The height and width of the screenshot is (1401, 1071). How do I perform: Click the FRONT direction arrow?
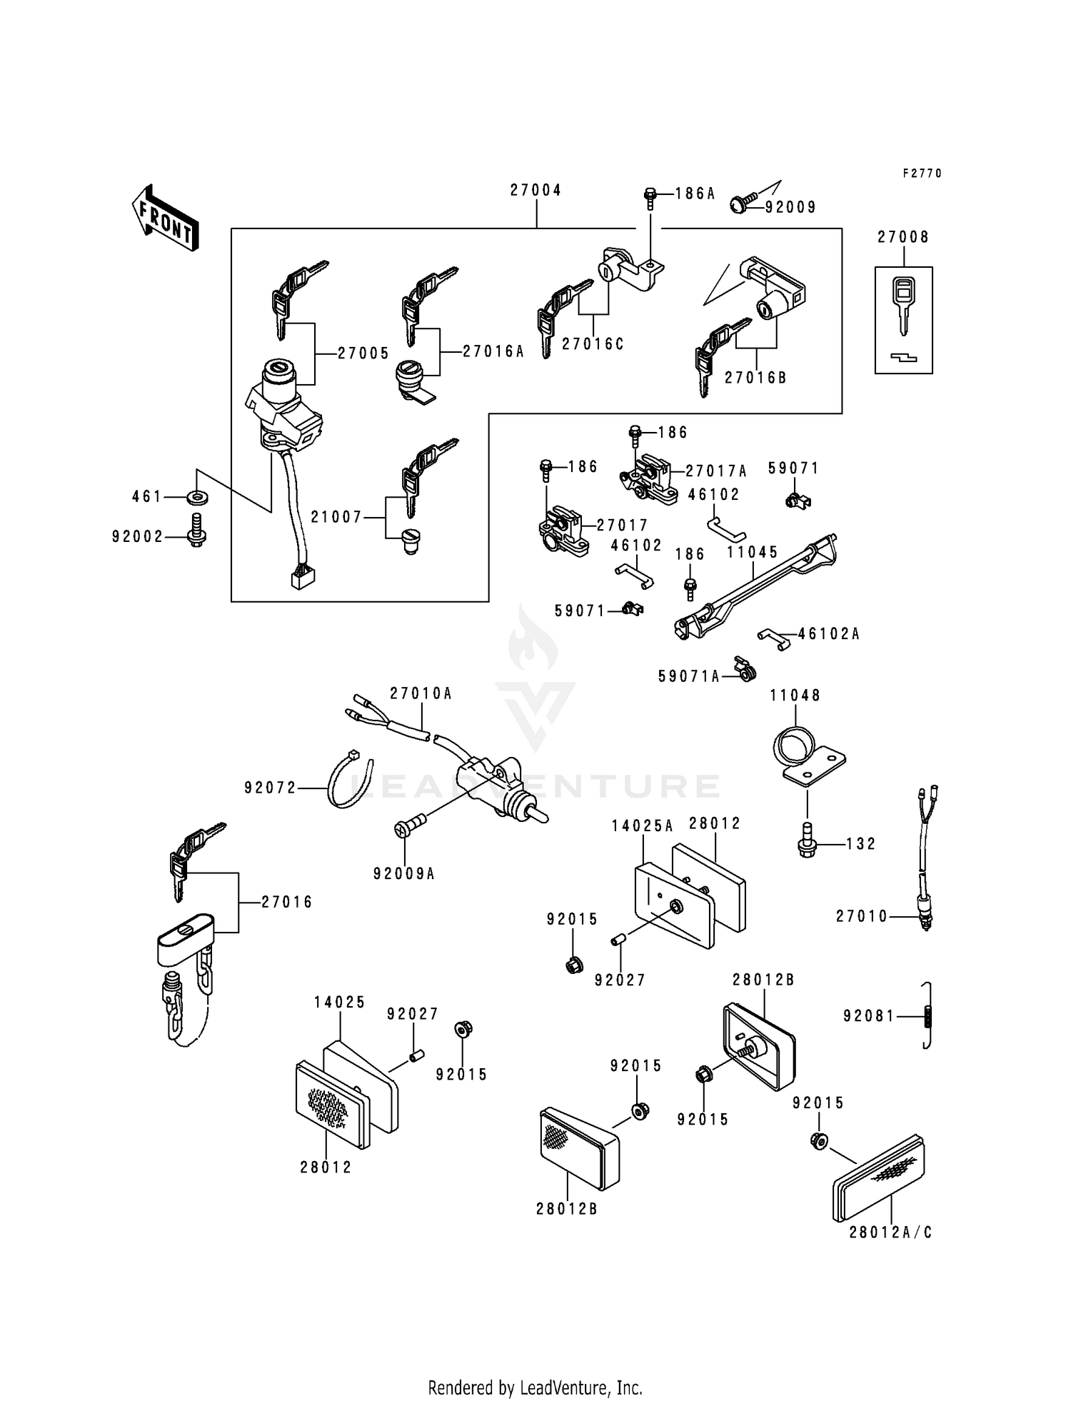pyautogui.click(x=165, y=217)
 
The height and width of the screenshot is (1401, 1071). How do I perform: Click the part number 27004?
pyautogui.click(x=535, y=191)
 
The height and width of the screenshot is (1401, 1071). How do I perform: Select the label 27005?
pyautogui.click(x=363, y=353)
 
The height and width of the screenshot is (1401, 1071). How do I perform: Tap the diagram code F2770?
pyautogui.click(x=922, y=174)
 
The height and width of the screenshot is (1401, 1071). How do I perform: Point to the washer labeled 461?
pyautogui.click(x=196, y=496)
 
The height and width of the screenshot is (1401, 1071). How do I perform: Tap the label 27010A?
pyautogui.click(x=421, y=693)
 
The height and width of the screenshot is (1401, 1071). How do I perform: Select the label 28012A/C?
pyautogui.click(x=890, y=1232)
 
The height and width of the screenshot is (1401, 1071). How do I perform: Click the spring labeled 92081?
pyautogui.click(x=928, y=1015)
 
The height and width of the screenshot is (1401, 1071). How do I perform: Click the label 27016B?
pyautogui.click(x=755, y=378)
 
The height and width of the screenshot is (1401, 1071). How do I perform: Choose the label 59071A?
pyautogui.click(x=688, y=676)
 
